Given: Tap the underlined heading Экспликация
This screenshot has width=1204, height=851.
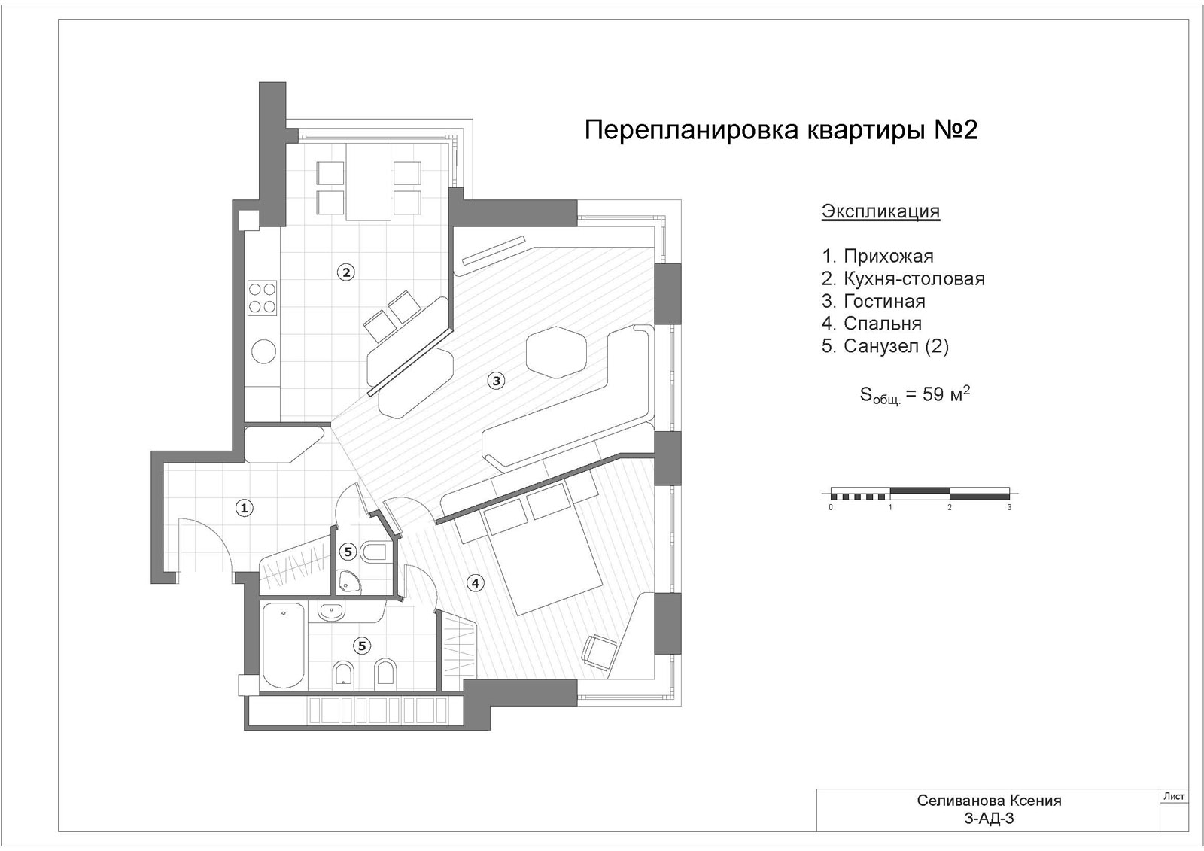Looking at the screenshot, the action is [x=880, y=211].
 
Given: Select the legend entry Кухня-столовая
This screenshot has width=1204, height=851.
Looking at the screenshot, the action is [x=914, y=278].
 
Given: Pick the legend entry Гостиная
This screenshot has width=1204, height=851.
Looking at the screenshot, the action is [x=885, y=301].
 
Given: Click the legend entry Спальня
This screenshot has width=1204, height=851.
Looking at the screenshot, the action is [x=883, y=323].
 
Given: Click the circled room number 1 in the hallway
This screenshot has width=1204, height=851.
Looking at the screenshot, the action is [x=245, y=507].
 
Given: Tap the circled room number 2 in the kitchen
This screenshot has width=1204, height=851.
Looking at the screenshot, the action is [x=346, y=272].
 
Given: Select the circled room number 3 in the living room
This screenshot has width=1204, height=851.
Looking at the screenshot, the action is [x=496, y=381].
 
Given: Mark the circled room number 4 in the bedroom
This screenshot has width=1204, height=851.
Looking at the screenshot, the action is [x=475, y=582].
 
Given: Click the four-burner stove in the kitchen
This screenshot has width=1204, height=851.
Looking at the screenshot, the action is [x=263, y=298].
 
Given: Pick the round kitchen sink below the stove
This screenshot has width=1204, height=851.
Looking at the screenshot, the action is [x=263, y=351].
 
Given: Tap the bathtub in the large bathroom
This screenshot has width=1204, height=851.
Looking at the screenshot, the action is [x=284, y=645].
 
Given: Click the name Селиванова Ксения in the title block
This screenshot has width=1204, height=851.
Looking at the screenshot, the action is [x=990, y=801].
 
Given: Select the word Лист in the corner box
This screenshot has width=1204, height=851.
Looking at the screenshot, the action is [x=1174, y=796].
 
